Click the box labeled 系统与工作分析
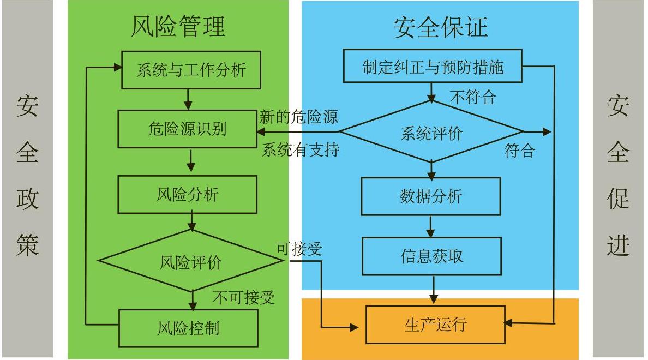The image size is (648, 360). [191, 70]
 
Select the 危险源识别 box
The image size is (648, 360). [187, 129]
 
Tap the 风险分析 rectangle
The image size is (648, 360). [188, 195]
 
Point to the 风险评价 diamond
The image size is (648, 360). [191, 261]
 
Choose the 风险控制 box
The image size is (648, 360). [188, 328]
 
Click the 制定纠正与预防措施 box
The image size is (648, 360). [433, 66]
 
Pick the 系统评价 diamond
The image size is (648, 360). [431, 132]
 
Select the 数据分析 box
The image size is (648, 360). [430, 196]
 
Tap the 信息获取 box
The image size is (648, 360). [432, 256]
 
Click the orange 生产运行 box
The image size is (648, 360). [436, 325]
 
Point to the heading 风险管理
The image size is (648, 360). [178, 26]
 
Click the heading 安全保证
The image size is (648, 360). [441, 27]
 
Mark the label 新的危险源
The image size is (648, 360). [299, 117]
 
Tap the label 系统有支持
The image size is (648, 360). [301, 149]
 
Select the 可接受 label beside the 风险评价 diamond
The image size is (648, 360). [299, 249]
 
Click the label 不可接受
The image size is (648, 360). [244, 297]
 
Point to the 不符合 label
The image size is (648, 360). [473, 97]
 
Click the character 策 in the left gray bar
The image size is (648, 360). [27, 245]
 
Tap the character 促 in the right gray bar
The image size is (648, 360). [618, 199]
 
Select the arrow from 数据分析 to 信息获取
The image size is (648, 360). [430, 226]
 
